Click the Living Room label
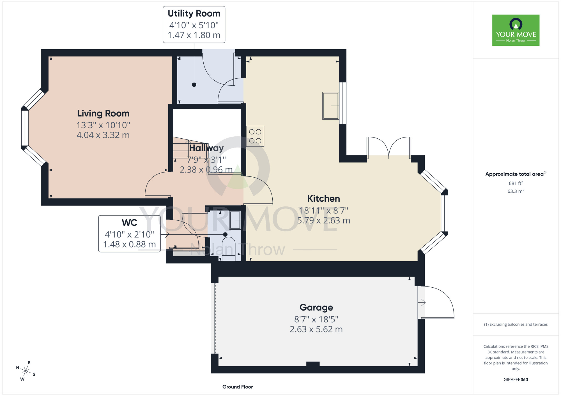[x=103, y=113]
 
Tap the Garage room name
[x=316, y=308]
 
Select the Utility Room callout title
[x=194, y=13]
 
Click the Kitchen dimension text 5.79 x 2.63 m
[x=323, y=221]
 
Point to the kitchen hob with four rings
[x=255, y=136]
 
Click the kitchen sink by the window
[x=331, y=106]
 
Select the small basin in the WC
[x=235, y=220]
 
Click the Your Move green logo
[x=516, y=30]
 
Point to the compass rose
[x=26, y=371]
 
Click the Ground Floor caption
[x=238, y=387]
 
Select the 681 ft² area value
[x=516, y=183]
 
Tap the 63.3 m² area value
[x=516, y=191]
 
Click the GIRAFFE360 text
[x=516, y=380]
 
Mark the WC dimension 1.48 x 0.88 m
[x=129, y=244]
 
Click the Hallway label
[x=206, y=148]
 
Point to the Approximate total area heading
[x=516, y=174]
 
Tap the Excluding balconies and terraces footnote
[x=516, y=324]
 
